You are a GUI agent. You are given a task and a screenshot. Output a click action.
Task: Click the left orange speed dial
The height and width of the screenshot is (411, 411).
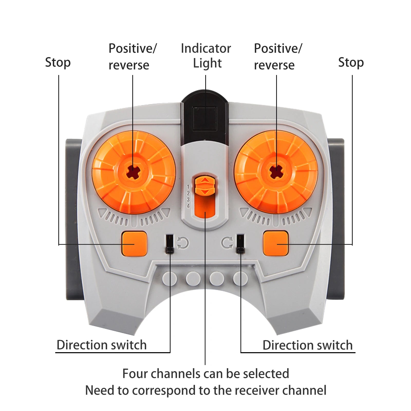tap(134, 172)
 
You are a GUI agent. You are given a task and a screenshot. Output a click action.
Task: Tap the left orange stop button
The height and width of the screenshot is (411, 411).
tap(134, 244)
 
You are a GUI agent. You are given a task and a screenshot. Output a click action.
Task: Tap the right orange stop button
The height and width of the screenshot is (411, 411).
tap(276, 243)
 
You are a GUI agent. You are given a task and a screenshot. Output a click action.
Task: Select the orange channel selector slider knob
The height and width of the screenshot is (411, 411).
tap(205, 185)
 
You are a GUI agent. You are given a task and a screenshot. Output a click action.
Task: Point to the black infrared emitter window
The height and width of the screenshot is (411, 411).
tap(205, 118)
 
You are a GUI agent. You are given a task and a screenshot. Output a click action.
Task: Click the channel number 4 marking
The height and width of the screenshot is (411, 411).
tap(188, 206)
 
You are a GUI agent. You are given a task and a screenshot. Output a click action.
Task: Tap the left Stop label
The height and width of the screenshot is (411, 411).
tap(58, 62)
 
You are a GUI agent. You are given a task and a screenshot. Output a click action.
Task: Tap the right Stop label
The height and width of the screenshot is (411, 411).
tap(351, 62)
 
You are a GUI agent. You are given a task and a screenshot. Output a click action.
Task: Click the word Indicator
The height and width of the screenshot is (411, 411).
tap(206, 48)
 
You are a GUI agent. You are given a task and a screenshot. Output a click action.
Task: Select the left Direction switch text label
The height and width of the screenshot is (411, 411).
tap(101, 345)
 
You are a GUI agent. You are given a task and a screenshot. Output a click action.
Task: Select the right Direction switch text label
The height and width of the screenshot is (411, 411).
tap(307, 345)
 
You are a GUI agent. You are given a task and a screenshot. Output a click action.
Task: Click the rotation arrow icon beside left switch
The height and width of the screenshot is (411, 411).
tap(183, 243)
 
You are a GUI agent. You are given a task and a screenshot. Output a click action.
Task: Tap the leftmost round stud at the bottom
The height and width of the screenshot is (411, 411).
tap(170, 279)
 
